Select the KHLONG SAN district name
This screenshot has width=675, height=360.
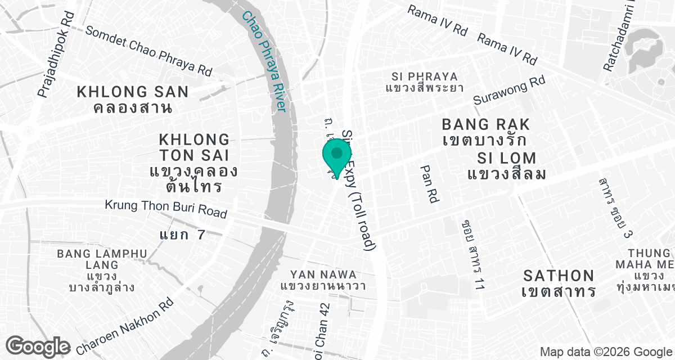pos(133,92)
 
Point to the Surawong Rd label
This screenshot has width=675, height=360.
pos(509,91)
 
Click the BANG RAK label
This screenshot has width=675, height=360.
pos(486,124)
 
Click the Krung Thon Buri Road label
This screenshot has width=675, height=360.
pos(166,209)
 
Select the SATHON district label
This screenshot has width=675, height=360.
pos(559,276)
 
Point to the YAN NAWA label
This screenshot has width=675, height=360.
pos(323,274)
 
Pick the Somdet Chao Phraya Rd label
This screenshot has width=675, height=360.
pos(148,51)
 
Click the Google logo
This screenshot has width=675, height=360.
pos(38,345)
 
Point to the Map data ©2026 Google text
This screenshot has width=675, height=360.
pos(606,352)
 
